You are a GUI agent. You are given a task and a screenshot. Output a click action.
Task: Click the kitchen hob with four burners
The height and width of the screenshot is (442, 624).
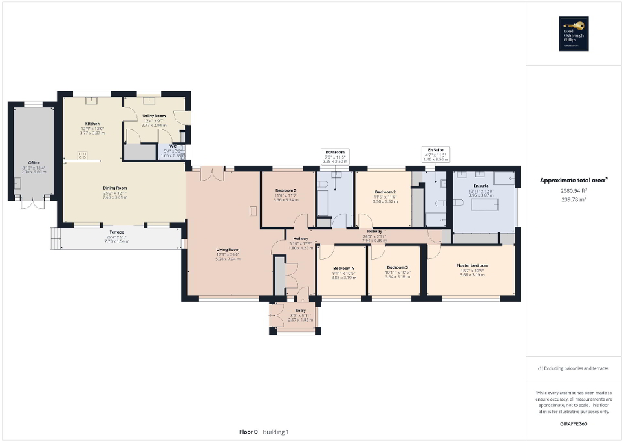[x=83, y=155]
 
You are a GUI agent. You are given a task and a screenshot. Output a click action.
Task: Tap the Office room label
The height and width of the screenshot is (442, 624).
[x=34, y=163]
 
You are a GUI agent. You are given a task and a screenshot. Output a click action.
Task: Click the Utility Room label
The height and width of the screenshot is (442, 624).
[x=155, y=115]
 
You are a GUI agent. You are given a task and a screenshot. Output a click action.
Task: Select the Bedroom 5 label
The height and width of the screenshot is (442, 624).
[x=285, y=190]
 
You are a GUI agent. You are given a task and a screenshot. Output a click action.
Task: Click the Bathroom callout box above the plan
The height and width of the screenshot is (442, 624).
[x=335, y=155]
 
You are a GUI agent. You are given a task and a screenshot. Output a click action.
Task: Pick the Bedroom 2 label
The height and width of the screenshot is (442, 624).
[x=385, y=192]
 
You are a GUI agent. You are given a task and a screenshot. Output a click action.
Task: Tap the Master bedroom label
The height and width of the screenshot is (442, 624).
[x=471, y=265]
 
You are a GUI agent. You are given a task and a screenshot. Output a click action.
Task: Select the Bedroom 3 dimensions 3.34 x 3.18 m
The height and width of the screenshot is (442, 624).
[x=397, y=276]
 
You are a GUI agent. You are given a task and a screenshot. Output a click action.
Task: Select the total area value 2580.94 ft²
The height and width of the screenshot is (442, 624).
[x=574, y=191]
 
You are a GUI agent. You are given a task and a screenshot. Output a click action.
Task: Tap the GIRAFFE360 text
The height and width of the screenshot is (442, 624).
[x=574, y=423]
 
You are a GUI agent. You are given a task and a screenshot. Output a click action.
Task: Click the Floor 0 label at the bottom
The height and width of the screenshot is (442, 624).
[x=248, y=432]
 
